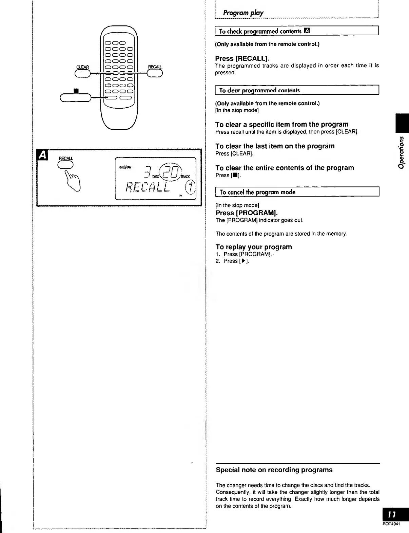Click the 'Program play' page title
[x=243, y=13]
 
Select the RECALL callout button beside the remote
[x=155, y=73]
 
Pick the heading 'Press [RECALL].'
[x=242, y=58]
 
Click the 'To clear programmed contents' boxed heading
[x=259, y=90]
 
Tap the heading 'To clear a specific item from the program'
[x=282, y=124]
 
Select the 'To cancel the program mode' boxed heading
[x=257, y=192]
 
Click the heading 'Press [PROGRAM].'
[x=247, y=213]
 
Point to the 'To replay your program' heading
[x=254, y=247]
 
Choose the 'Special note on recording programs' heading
[x=274, y=470]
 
